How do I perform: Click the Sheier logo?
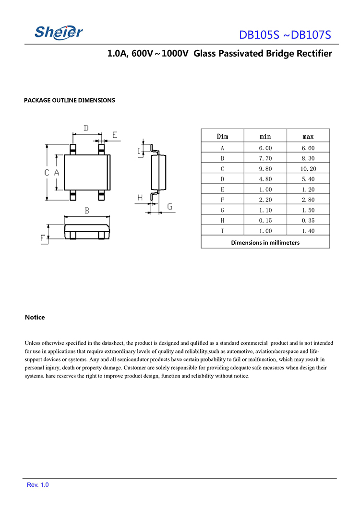[x=59, y=32]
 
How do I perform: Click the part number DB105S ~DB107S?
[x=285, y=35]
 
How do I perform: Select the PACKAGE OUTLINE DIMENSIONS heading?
[x=70, y=100]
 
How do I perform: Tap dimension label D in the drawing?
[x=86, y=128]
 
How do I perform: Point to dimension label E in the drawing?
[x=115, y=135]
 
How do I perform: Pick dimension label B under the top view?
[x=87, y=210]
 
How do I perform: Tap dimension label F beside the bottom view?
[x=43, y=238]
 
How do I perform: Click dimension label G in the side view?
[x=169, y=207]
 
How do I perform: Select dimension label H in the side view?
[x=140, y=198]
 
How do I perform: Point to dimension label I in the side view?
[x=139, y=152]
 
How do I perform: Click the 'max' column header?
[x=308, y=137]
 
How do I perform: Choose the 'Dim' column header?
[x=222, y=137]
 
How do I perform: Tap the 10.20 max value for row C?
[x=308, y=169]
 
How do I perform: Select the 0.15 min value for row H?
[x=265, y=221]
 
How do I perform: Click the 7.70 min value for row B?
[x=265, y=158]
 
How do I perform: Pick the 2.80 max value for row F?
[x=308, y=200]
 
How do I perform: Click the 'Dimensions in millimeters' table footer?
[x=265, y=243]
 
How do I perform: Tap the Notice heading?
[x=35, y=318]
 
